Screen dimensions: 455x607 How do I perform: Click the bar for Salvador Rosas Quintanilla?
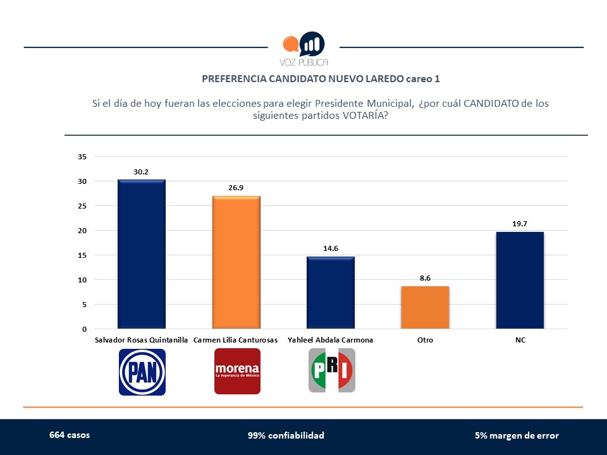click(142, 254)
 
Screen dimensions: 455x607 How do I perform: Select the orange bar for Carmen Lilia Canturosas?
click(236, 262)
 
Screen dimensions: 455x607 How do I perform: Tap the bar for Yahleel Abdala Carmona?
click(330, 293)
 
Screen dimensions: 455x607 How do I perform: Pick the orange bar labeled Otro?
click(425, 308)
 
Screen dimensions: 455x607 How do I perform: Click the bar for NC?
click(520, 280)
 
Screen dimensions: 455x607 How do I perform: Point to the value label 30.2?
click(142, 171)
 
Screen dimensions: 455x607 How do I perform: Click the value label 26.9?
click(236, 188)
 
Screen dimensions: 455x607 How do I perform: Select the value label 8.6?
click(425, 277)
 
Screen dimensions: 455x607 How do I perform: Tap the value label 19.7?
click(520, 223)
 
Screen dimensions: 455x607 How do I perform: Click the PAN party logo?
click(142, 372)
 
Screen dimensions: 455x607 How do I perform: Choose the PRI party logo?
click(331, 371)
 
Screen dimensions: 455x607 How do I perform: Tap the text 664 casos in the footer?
click(70, 435)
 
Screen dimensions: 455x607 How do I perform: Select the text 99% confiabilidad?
click(286, 435)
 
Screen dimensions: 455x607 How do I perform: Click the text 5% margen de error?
click(517, 435)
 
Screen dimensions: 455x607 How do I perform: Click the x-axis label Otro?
click(425, 340)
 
